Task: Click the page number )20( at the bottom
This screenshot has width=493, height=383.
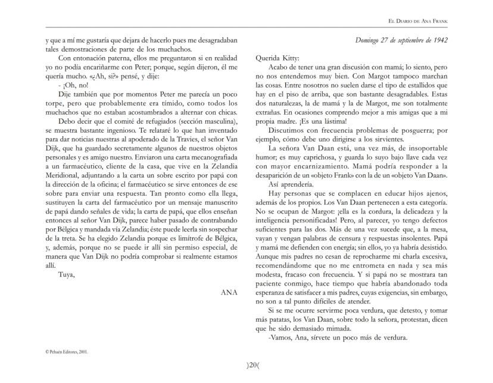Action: (246, 365)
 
